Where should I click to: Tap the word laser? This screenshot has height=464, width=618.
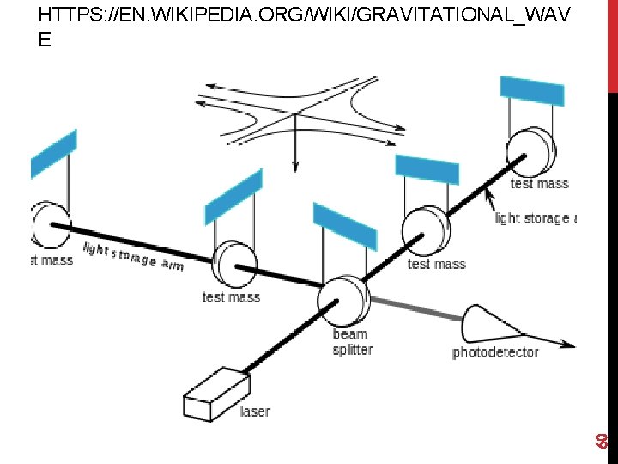pyautogui.click(x=255, y=412)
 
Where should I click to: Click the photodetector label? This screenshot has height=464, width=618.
pyautogui.click(x=495, y=352)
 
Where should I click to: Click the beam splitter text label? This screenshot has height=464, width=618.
pyautogui.click(x=352, y=342)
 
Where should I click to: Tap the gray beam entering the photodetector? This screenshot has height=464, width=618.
pyautogui.click(x=416, y=308)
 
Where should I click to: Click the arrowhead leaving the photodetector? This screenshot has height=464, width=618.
pyautogui.click(x=568, y=345)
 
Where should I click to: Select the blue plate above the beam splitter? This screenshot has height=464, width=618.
pyautogui.click(x=344, y=226)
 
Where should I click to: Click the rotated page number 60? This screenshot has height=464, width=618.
pyautogui.click(x=603, y=440)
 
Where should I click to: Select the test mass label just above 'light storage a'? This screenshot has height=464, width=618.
pyautogui.click(x=539, y=183)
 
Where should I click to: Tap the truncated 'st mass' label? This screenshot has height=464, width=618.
pyautogui.click(x=51, y=259)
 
